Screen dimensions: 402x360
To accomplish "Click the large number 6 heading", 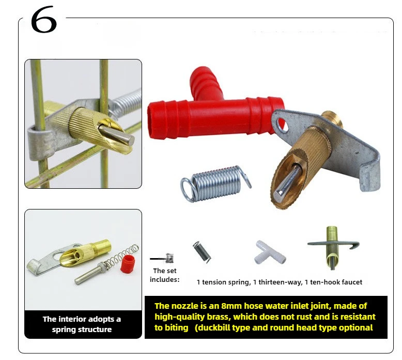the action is [43, 20].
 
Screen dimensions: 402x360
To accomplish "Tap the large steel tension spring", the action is [216, 183].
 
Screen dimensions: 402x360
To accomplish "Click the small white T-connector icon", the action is [270, 252].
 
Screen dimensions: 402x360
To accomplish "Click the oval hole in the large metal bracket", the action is [283, 125].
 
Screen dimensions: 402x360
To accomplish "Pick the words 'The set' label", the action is [165, 271].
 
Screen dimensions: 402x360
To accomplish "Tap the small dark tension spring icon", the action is [202, 252].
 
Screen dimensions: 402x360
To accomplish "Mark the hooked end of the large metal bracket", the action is [369, 177].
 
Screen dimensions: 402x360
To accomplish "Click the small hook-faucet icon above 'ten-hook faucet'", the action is [333, 248].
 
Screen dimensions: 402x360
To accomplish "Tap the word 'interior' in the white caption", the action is [70, 319].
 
